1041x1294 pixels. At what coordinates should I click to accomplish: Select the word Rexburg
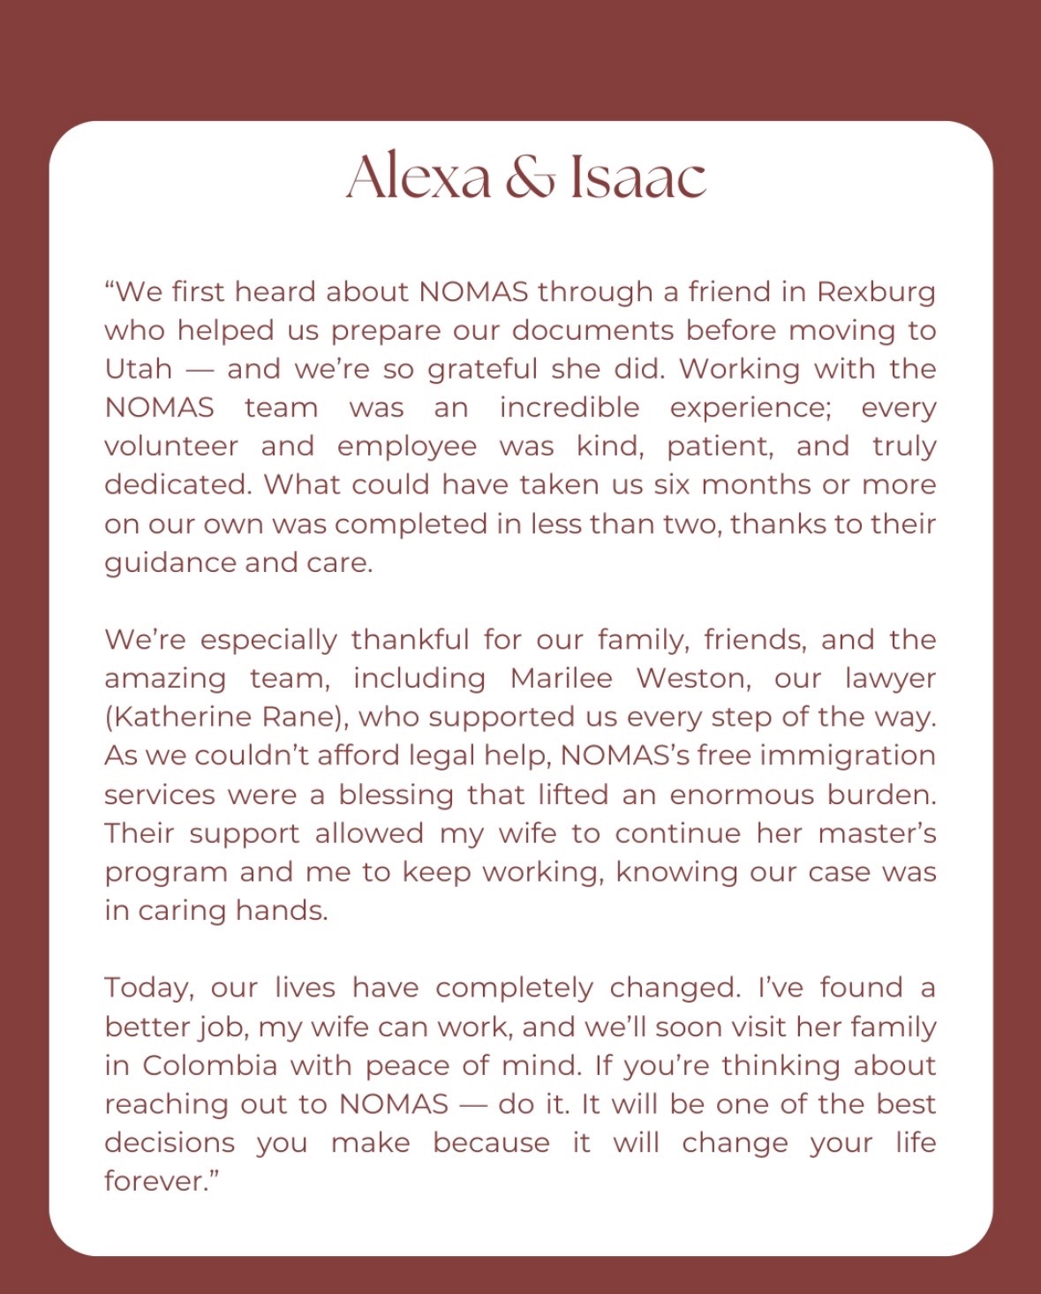(876, 292)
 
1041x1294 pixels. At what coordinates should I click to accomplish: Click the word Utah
(138, 369)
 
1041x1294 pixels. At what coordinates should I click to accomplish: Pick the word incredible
(570, 408)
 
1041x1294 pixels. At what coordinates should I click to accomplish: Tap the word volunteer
(171, 447)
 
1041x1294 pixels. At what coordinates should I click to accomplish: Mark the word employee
(407, 447)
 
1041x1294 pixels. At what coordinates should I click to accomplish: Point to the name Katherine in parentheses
(172, 717)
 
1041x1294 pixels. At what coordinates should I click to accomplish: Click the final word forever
(159, 1181)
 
